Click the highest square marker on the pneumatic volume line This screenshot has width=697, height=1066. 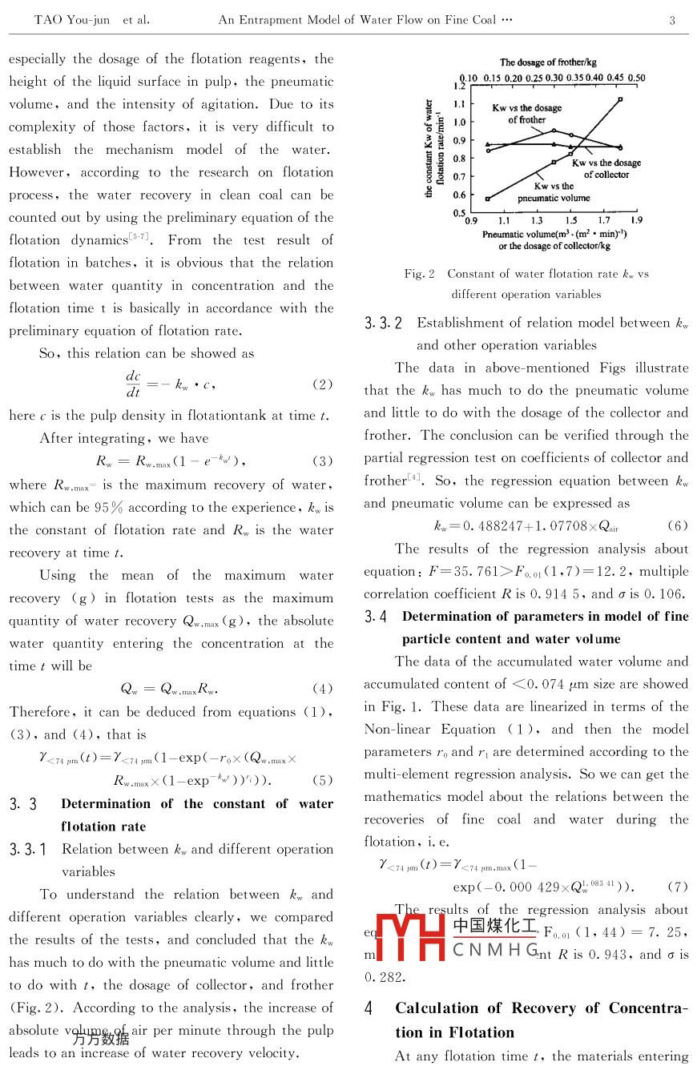click(620, 99)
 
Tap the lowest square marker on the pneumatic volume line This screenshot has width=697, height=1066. click(488, 199)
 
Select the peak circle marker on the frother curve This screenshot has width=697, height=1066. click(554, 131)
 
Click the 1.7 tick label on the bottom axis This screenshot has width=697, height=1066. click(603, 220)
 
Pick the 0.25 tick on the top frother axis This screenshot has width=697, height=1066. click(534, 78)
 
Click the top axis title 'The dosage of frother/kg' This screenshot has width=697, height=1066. click(548, 62)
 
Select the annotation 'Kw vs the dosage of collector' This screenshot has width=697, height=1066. click(606, 168)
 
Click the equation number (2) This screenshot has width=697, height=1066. click(322, 384)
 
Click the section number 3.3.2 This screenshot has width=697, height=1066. click(383, 324)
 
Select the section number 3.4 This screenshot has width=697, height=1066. click(376, 617)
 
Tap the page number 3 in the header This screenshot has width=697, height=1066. click(672, 20)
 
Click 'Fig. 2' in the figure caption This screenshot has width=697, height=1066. click(419, 274)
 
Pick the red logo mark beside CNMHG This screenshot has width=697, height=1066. click(410, 936)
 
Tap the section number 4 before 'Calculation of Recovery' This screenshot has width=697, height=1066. click(369, 1009)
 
